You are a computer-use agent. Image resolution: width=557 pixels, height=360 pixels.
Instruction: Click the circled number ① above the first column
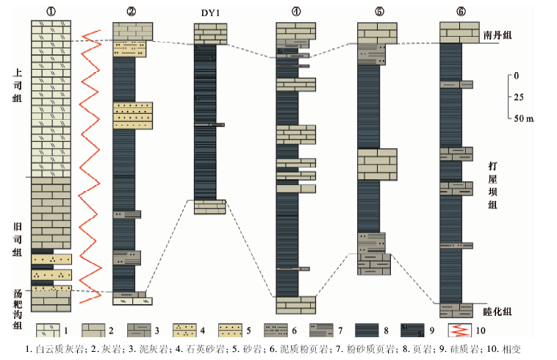click(51, 11)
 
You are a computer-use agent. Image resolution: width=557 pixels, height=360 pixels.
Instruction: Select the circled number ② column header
click(131, 11)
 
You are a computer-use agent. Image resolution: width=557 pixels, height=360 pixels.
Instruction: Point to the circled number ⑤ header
click(377, 11)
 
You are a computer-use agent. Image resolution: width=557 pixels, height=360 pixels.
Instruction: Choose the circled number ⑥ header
click(461, 11)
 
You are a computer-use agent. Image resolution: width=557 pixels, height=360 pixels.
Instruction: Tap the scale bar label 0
click(517, 76)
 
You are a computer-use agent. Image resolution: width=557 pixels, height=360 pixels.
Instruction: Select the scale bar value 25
click(519, 97)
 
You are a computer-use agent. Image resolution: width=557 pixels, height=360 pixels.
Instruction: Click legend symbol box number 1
click(48, 329)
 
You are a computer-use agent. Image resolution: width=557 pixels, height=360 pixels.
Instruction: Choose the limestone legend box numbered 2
click(94, 329)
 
